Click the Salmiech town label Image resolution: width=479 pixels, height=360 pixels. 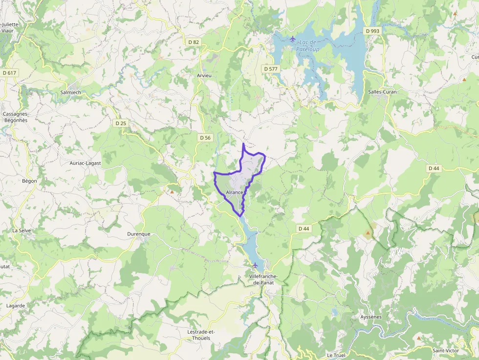70,92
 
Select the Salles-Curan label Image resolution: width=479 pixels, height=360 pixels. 382,92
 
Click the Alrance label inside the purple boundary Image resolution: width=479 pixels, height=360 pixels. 235,192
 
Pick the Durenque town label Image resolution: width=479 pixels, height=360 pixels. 139,234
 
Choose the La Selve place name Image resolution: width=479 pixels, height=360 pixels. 22,230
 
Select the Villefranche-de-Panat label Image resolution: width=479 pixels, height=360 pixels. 263,280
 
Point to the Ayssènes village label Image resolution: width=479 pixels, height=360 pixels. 370,317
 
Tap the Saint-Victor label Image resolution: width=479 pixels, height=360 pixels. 445,350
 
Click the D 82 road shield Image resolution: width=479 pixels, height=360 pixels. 194,42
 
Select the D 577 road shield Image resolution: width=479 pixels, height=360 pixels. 270,69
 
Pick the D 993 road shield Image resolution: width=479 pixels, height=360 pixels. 372,31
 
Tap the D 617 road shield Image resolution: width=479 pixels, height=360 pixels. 9,73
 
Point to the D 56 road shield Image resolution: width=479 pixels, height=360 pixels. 205,138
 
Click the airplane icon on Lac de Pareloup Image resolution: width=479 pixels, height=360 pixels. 293,39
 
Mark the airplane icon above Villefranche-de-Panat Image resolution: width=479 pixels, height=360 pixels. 255,265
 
